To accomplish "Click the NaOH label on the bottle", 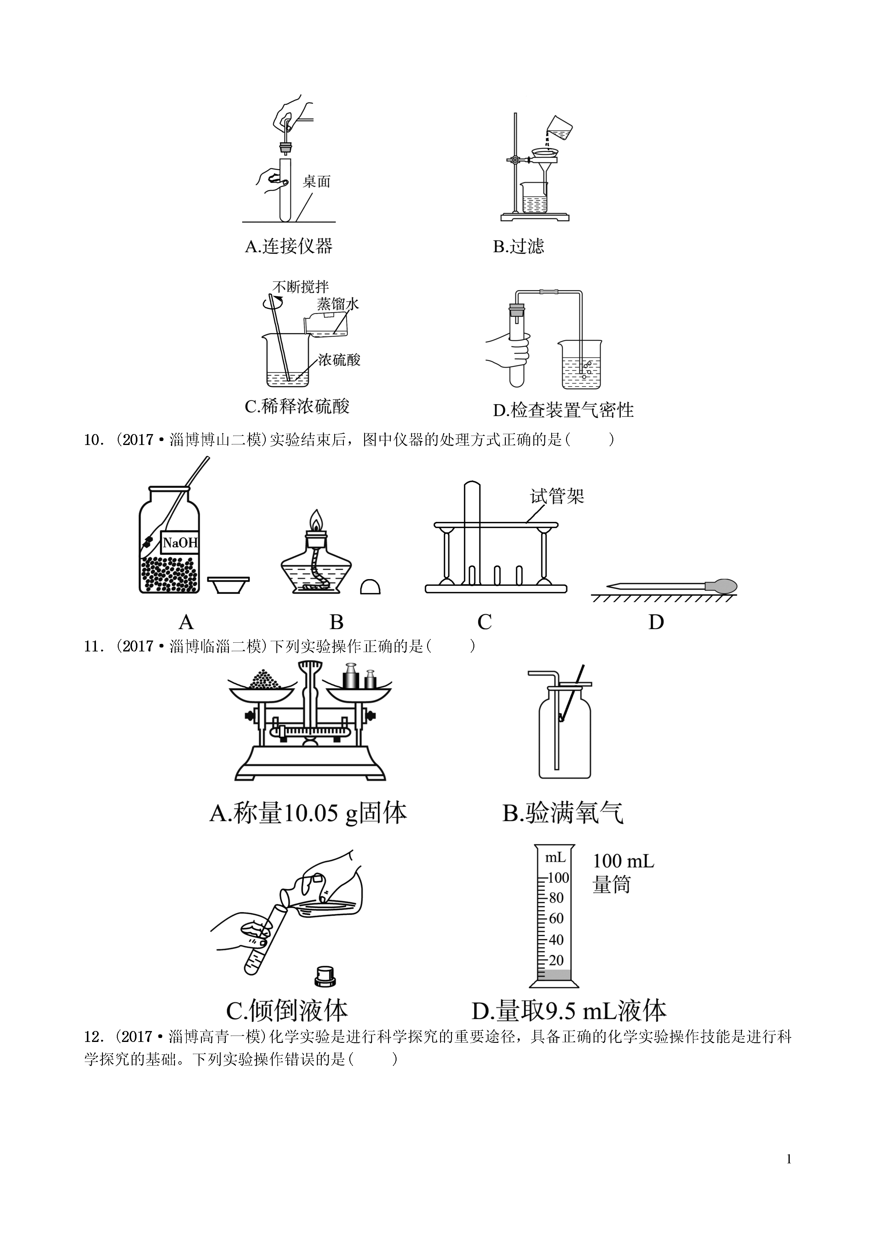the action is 180,542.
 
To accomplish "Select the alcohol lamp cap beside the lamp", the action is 370,587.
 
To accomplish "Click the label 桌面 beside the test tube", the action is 316,182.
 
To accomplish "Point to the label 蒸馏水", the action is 338,304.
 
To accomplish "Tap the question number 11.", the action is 92,646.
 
